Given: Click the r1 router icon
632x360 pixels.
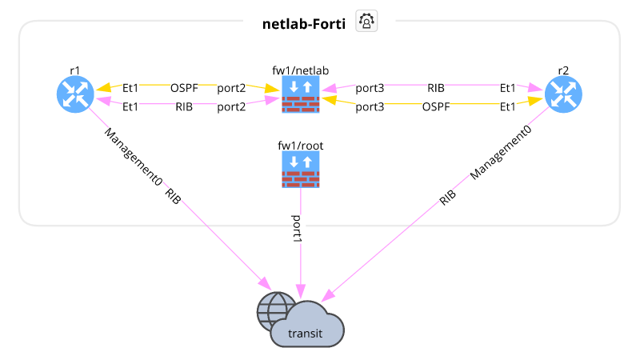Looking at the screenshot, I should coord(75,94).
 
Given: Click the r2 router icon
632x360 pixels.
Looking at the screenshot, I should coord(563,94).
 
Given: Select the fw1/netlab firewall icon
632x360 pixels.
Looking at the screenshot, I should coord(301,94).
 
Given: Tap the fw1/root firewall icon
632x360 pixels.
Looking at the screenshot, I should coord(301,170).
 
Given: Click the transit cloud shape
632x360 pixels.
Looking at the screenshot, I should coord(308,328).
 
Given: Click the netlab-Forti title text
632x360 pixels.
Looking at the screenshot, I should coord(304,23).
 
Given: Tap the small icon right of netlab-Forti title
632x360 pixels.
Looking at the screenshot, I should coord(366,22).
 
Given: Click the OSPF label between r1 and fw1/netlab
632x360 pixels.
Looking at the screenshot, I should coord(184,87).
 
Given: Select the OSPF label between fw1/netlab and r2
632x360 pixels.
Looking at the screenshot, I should coord(436,106).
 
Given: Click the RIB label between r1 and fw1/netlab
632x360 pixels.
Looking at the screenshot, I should coord(184,106).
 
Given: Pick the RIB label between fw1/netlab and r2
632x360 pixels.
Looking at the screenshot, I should coord(436,87).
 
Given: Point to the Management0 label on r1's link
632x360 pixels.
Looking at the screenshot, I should coord(134,157).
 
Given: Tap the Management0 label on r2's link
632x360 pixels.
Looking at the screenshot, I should coord(502,153).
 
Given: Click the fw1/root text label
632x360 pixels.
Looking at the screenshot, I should coord(300,146).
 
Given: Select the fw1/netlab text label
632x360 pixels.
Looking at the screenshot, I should coord(300,70).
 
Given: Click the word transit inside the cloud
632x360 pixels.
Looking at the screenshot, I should coord(305,334).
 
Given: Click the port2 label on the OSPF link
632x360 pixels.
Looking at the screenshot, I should coord(231,87).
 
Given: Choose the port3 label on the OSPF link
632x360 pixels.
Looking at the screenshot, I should coord(370,106).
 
